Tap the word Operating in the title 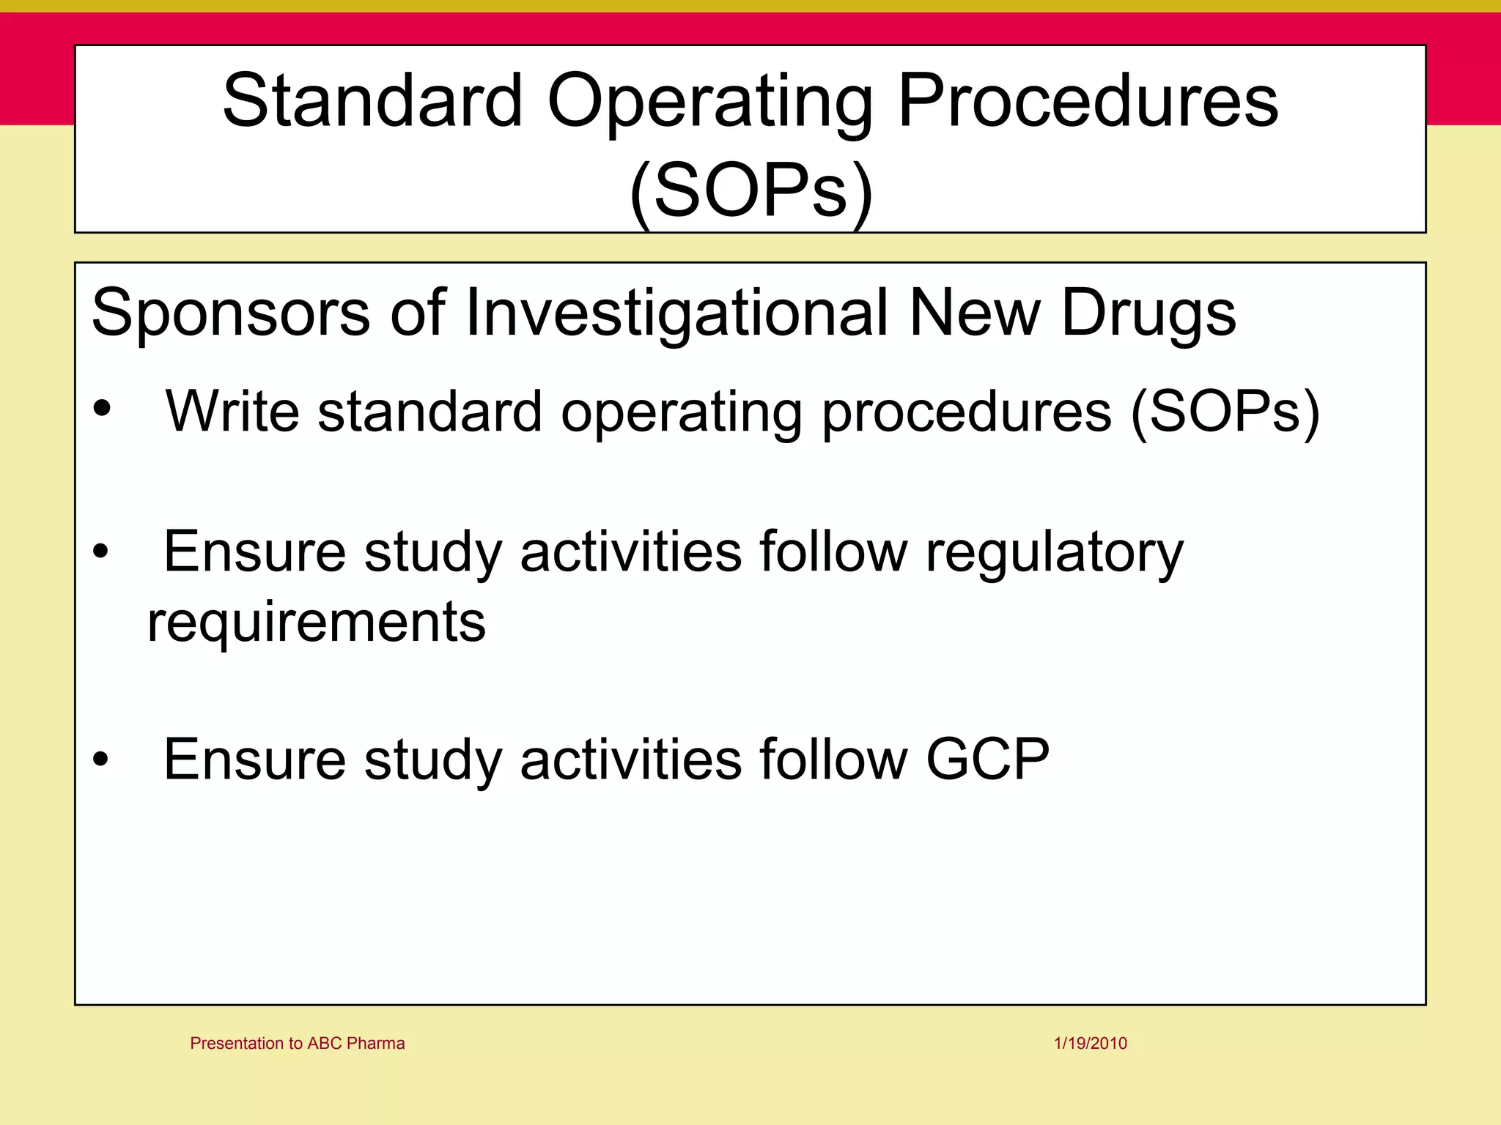tap(709, 103)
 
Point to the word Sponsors tap(231, 313)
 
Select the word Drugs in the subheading tap(1148, 313)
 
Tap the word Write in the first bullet tap(232, 411)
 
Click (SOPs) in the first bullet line tap(1225, 412)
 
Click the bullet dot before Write tap(102, 408)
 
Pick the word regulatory tap(1054, 553)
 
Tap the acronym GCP tap(987, 760)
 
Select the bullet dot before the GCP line tap(101, 760)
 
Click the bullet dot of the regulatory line tap(101, 552)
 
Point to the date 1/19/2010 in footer tap(1090, 1043)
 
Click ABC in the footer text tap(324, 1043)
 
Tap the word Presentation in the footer tap(237, 1043)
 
